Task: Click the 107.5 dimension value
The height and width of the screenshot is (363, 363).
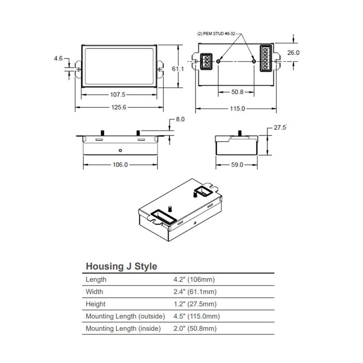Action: point(118,95)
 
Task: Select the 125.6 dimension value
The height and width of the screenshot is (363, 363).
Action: point(119,107)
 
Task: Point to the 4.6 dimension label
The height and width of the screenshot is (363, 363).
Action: point(58,59)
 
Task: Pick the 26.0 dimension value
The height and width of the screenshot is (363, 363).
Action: point(294,52)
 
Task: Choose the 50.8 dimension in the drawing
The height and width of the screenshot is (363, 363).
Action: point(237,92)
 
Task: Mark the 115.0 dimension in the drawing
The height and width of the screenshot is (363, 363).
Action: point(237,109)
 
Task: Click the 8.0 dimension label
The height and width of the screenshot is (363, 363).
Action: point(180,119)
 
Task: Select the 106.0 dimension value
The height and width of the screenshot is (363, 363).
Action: point(119,164)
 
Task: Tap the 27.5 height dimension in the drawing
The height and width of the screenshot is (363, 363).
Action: point(281,127)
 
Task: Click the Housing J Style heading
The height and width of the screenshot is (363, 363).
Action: point(121,267)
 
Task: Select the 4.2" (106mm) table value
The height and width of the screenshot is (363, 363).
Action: point(195,280)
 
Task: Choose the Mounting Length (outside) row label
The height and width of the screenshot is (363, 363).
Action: point(125,316)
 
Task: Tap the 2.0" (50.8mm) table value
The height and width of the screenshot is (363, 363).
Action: point(195,329)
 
